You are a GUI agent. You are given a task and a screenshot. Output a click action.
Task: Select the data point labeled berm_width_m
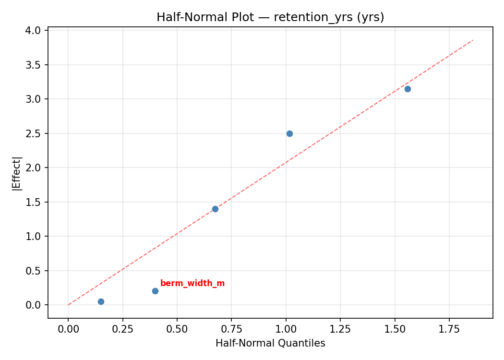click(155, 291)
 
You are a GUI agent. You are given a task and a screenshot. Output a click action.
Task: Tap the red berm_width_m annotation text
click(192, 283)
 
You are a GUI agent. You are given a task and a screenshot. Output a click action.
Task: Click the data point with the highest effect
click(408, 89)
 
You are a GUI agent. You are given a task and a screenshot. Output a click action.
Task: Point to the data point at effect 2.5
click(289, 133)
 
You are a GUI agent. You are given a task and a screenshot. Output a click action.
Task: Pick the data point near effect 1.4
click(215, 209)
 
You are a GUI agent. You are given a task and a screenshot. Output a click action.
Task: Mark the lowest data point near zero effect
click(101, 301)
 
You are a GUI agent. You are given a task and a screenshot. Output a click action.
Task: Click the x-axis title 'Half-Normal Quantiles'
click(270, 343)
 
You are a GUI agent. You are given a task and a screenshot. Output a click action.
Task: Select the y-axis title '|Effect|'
click(17, 173)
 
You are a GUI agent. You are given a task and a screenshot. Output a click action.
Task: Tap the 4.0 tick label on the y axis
click(37, 30)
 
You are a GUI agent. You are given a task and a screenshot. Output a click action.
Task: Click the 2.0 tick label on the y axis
click(37, 168)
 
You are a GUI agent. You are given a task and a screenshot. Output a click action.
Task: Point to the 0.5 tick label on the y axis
click(37, 271)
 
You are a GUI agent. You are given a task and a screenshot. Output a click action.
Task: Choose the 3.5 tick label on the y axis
click(37, 65)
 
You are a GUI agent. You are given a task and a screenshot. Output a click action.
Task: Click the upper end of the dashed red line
click(473, 40)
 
